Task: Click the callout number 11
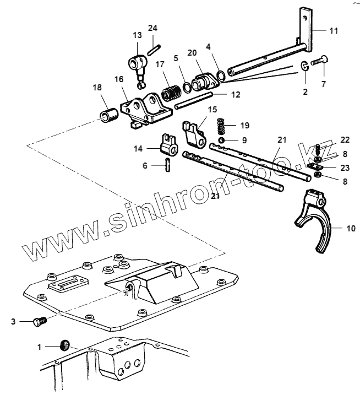[334, 30]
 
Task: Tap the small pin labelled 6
[167, 164]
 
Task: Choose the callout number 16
[118, 79]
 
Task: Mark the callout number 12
[235, 94]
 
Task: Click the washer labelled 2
[304, 67]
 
